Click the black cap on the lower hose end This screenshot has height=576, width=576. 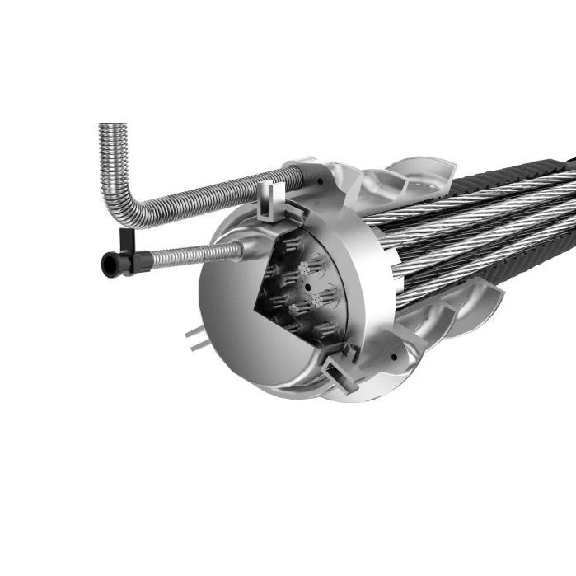click(x=108, y=263)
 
